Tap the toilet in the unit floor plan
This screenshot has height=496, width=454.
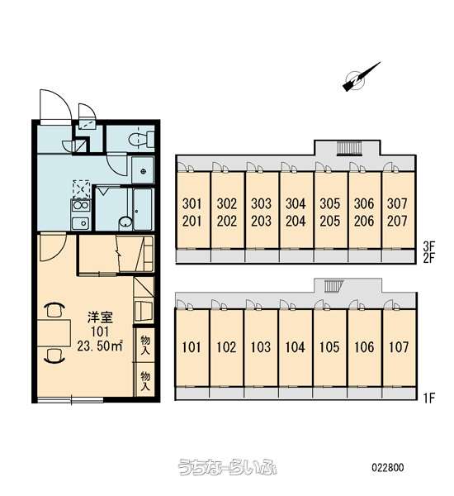(140, 139)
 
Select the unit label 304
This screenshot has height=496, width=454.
(296, 204)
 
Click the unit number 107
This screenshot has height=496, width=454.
(399, 347)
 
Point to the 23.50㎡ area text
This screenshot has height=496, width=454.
(100, 346)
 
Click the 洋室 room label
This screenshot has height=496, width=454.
(100, 317)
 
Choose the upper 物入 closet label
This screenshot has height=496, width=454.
(145, 345)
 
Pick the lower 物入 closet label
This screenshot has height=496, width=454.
(145, 380)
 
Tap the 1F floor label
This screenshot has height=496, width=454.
(428, 398)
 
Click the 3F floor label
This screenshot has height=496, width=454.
(428, 246)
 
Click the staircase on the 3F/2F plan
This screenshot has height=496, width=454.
(349, 149)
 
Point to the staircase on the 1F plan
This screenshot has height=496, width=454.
(333, 286)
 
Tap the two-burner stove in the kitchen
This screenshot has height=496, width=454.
(81, 206)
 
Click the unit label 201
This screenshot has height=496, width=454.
(192, 221)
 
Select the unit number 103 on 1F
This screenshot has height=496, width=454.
(261, 347)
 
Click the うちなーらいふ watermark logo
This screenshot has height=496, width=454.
(227, 467)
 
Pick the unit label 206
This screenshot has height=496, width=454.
(364, 221)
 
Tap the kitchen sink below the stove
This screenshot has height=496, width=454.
(81, 222)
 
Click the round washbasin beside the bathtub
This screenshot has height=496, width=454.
(125, 222)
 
